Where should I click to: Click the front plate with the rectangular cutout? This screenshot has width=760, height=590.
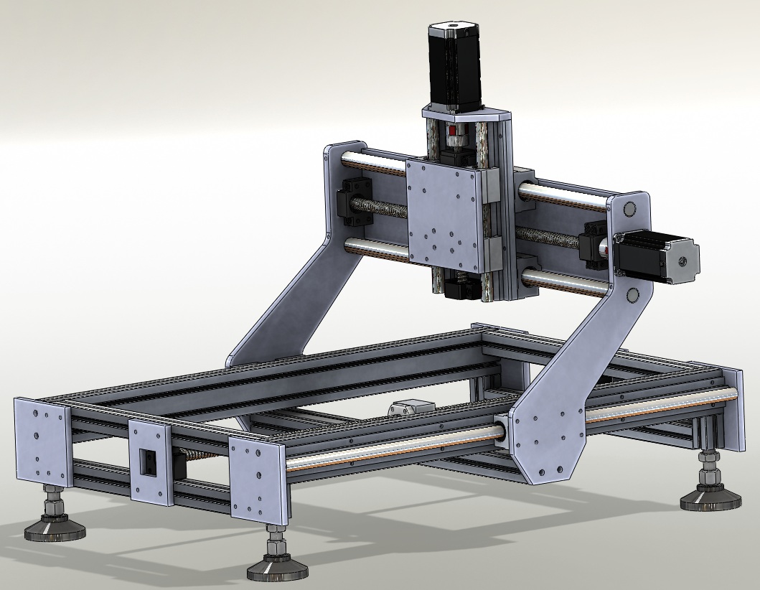pos(149,460)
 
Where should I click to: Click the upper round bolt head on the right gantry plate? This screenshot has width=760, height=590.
pos(630,210)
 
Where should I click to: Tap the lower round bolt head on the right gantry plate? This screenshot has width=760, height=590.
pos(632,295)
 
